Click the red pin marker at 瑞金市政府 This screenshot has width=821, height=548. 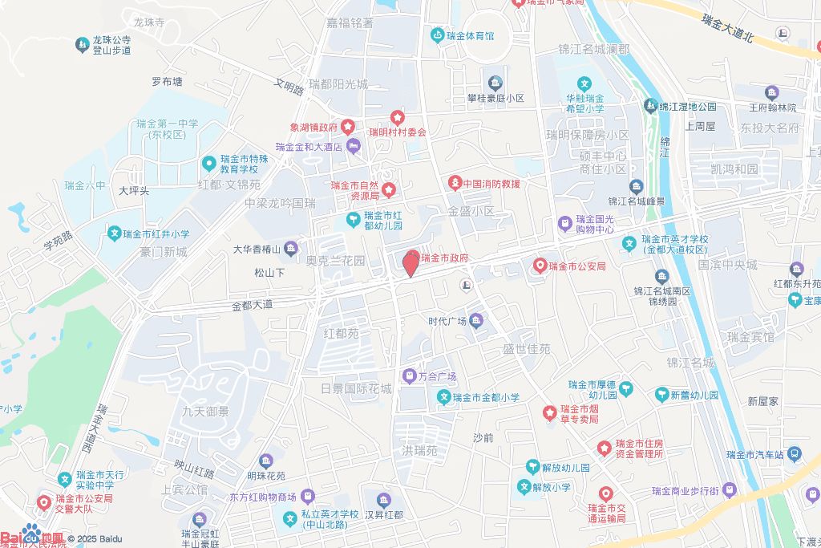coord(410,263)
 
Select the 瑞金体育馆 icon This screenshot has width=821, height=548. coord(437,35)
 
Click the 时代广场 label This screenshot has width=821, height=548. coord(447,322)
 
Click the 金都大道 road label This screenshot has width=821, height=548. coord(252,305)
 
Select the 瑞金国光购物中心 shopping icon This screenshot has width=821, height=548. coord(565,222)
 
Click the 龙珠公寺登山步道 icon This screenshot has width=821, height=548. coord(82,45)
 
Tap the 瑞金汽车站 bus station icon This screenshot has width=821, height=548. coord(794,453)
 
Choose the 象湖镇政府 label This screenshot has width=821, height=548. coord(313,127)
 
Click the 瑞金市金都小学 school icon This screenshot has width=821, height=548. coord(443,396)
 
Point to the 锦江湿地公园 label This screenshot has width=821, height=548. coord(688,106)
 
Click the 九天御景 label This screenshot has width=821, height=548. coord(205,412)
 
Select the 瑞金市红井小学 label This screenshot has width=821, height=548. coord(157,234)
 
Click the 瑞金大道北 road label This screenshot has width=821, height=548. coord(728,28)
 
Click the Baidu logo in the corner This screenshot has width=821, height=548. coord(32,537)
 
